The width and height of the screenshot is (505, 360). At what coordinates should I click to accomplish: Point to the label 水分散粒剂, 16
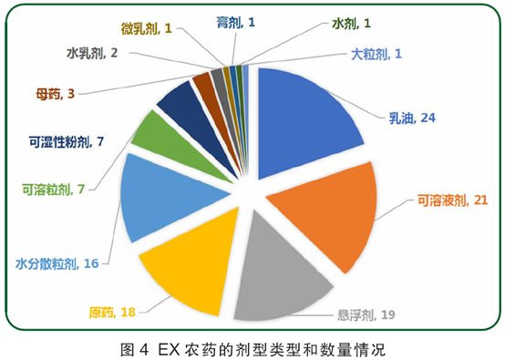57,264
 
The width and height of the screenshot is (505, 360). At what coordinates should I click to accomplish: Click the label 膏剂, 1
235,21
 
